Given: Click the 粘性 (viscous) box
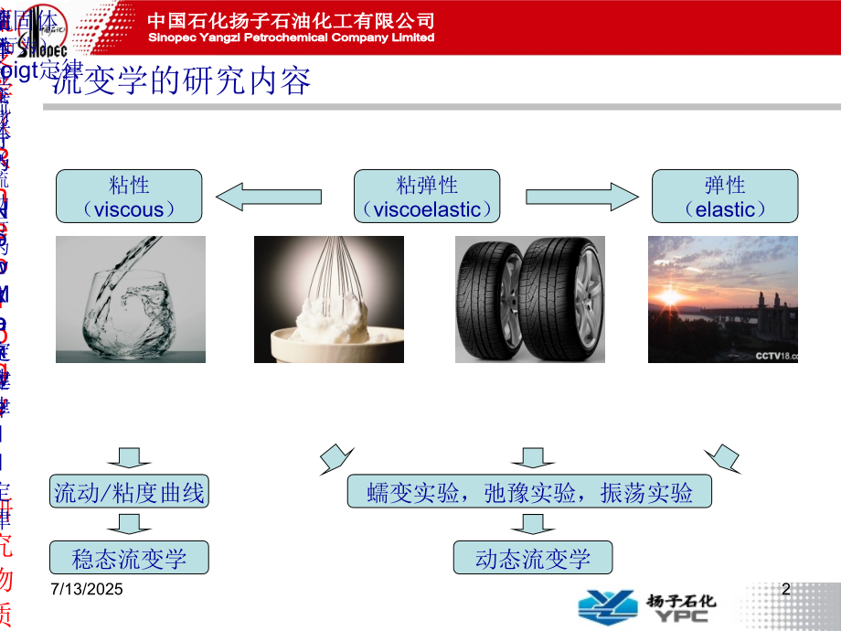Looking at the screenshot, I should click(x=129, y=197).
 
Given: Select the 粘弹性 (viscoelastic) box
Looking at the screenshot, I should click(x=427, y=197).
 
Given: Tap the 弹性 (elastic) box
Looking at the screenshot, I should click(x=725, y=197).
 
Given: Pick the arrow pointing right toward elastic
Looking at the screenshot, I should click(x=580, y=196).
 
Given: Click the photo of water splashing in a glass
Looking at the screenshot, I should click(x=131, y=299).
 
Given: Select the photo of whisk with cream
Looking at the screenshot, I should click(x=328, y=299).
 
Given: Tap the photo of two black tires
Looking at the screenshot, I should click(x=529, y=299).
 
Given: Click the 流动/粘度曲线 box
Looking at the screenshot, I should click(x=130, y=493).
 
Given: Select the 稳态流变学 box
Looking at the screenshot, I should click(x=129, y=557).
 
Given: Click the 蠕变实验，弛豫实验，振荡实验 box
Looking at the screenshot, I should click(x=529, y=493).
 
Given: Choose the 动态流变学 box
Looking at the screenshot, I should click(x=533, y=558).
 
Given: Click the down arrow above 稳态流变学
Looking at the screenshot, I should click(x=129, y=524).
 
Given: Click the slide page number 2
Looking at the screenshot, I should click(x=785, y=590).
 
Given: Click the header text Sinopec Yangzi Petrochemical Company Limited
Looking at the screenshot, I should click(x=292, y=38).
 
